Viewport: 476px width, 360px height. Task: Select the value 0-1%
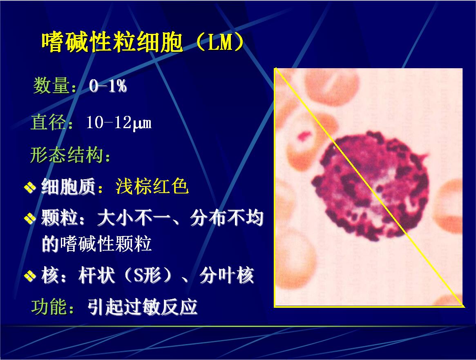coord(108,86)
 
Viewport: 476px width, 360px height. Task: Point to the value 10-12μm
coord(119,123)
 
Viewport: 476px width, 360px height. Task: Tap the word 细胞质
coord(69,187)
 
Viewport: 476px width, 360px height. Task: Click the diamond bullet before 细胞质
coord(30,187)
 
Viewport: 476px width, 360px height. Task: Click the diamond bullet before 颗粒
coord(30,218)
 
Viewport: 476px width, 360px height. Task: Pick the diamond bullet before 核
coord(30,276)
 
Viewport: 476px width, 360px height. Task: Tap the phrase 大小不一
coord(133,218)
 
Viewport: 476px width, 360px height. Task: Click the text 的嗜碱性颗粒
coord(96,244)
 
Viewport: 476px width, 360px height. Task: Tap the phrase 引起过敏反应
coord(142,307)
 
